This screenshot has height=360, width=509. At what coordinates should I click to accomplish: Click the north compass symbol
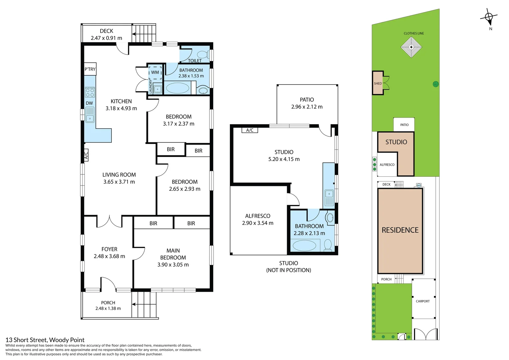point(489,18)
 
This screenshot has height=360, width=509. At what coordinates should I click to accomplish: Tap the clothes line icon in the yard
point(411,47)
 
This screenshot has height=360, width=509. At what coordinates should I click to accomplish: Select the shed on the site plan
point(378,83)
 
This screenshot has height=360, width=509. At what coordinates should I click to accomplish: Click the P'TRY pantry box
point(90,69)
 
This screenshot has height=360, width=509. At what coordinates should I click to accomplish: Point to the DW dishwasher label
point(89,103)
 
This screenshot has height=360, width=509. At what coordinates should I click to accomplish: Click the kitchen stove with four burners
point(90,92)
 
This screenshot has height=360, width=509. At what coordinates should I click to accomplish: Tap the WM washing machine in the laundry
point(155,72)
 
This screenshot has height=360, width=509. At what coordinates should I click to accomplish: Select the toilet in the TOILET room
point(204,54)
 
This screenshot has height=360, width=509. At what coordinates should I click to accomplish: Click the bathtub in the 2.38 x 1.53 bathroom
point(177,88)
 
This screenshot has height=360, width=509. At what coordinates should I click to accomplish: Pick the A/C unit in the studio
point(250,130)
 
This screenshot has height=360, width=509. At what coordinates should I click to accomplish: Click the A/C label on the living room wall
point(86,155)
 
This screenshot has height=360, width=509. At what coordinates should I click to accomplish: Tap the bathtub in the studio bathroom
point(304,246)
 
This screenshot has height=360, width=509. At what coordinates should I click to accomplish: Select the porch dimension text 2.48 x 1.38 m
point(108,308)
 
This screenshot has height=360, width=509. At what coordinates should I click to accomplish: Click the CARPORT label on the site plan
point(423,301)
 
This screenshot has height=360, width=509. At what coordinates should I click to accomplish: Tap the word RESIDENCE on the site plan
point(400,230)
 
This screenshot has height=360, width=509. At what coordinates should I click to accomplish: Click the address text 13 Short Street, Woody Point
point(45,340)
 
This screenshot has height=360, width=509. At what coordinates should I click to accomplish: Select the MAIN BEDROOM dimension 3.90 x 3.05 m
point(173,265)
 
